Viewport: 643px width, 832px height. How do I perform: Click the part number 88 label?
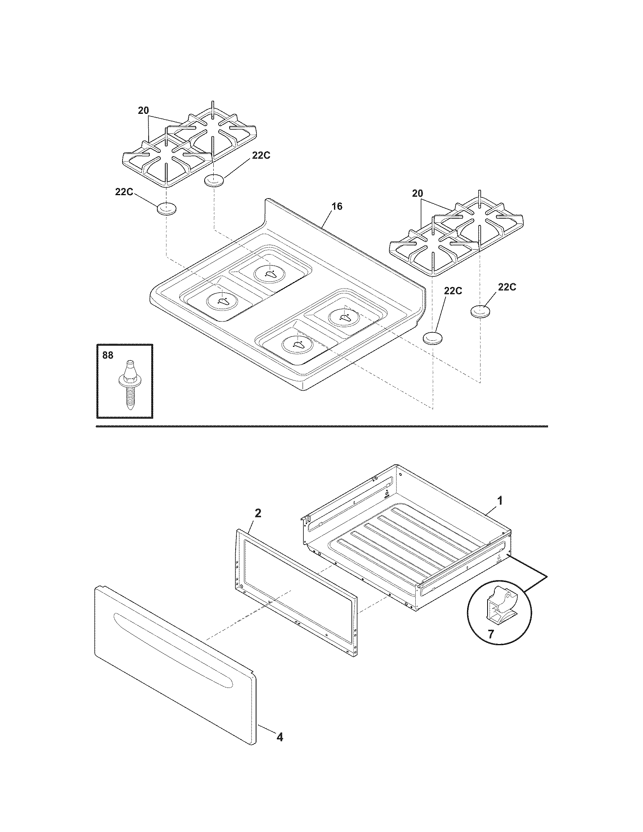tap(108, 355)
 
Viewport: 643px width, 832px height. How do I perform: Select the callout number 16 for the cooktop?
tap(337, 206)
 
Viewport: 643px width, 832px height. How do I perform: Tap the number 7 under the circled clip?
tap(491, 634)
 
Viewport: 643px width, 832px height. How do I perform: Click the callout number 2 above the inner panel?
tap(258, 513)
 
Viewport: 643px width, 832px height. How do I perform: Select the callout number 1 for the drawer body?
tap(500, 500)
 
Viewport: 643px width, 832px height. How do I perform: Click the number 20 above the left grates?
tap(143, 110)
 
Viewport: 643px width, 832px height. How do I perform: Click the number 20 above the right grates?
tap(418, 193)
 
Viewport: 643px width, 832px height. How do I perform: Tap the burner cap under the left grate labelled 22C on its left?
tap(167, 209)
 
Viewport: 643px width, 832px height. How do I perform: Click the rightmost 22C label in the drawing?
tap(506, 287)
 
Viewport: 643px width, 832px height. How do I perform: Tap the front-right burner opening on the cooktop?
tap(297, 344)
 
